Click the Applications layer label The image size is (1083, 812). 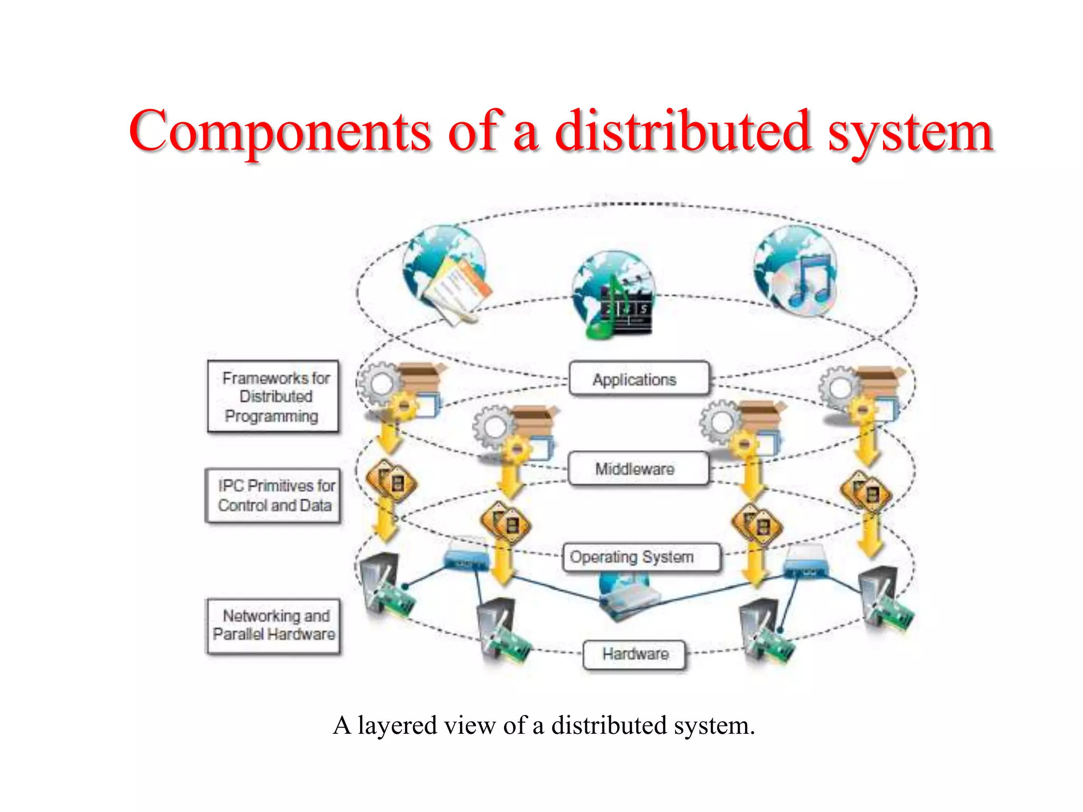pyautogui.click(x=638, y=379)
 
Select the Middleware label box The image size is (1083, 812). pyautogui.click(x=638, y=468)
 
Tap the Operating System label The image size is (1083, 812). pyautogui.click(x=641, y=557)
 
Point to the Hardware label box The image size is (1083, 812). pyautogui.click(x=635, y=654)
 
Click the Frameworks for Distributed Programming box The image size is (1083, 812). pyautogui.click(x=273, y=396)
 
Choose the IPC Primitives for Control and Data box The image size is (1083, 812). pyautogui.click(x=273, y=495)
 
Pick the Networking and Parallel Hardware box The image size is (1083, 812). pyautogui.click(x=273, y=625)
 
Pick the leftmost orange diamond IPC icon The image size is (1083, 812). pyautogui.click(x=391, y=481)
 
